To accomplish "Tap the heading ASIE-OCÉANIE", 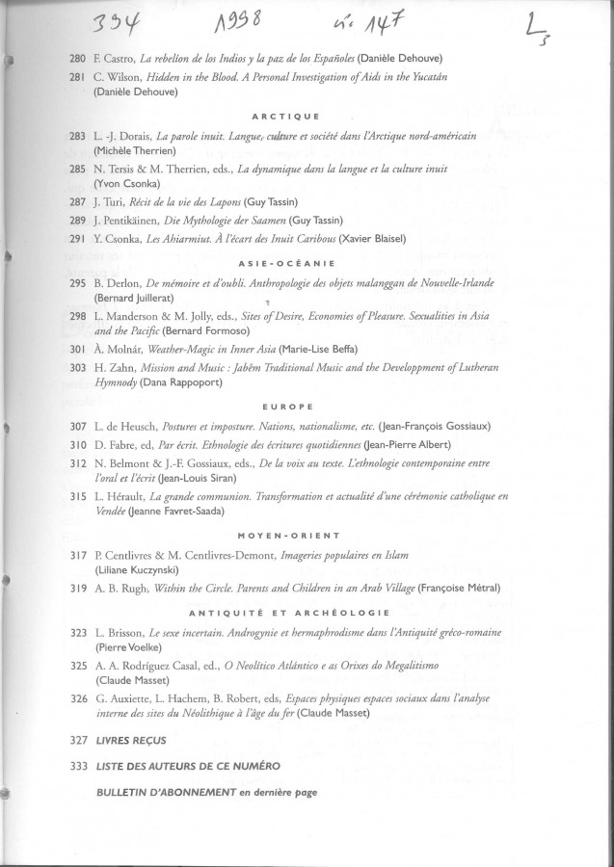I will point(307,262).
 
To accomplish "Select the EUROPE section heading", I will point(307,407).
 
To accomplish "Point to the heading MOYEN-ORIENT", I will point(307,535).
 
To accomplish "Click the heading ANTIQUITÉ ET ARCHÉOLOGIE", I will point(307,613).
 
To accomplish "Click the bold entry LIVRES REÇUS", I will point(131,741).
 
